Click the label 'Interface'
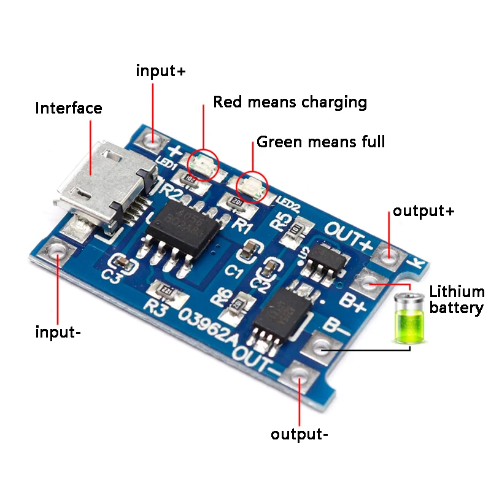[x=69, y=109]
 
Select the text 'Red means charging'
[x=290, y=102]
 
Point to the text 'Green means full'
[x=320, y=142]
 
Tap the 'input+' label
[x=160, y=71]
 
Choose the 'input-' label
[x=58, y=333]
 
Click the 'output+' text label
[x=423, y=211]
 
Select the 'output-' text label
[x=300, y=435]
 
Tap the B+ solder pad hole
[x=369, y=282]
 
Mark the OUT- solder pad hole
[x=299, y=374]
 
